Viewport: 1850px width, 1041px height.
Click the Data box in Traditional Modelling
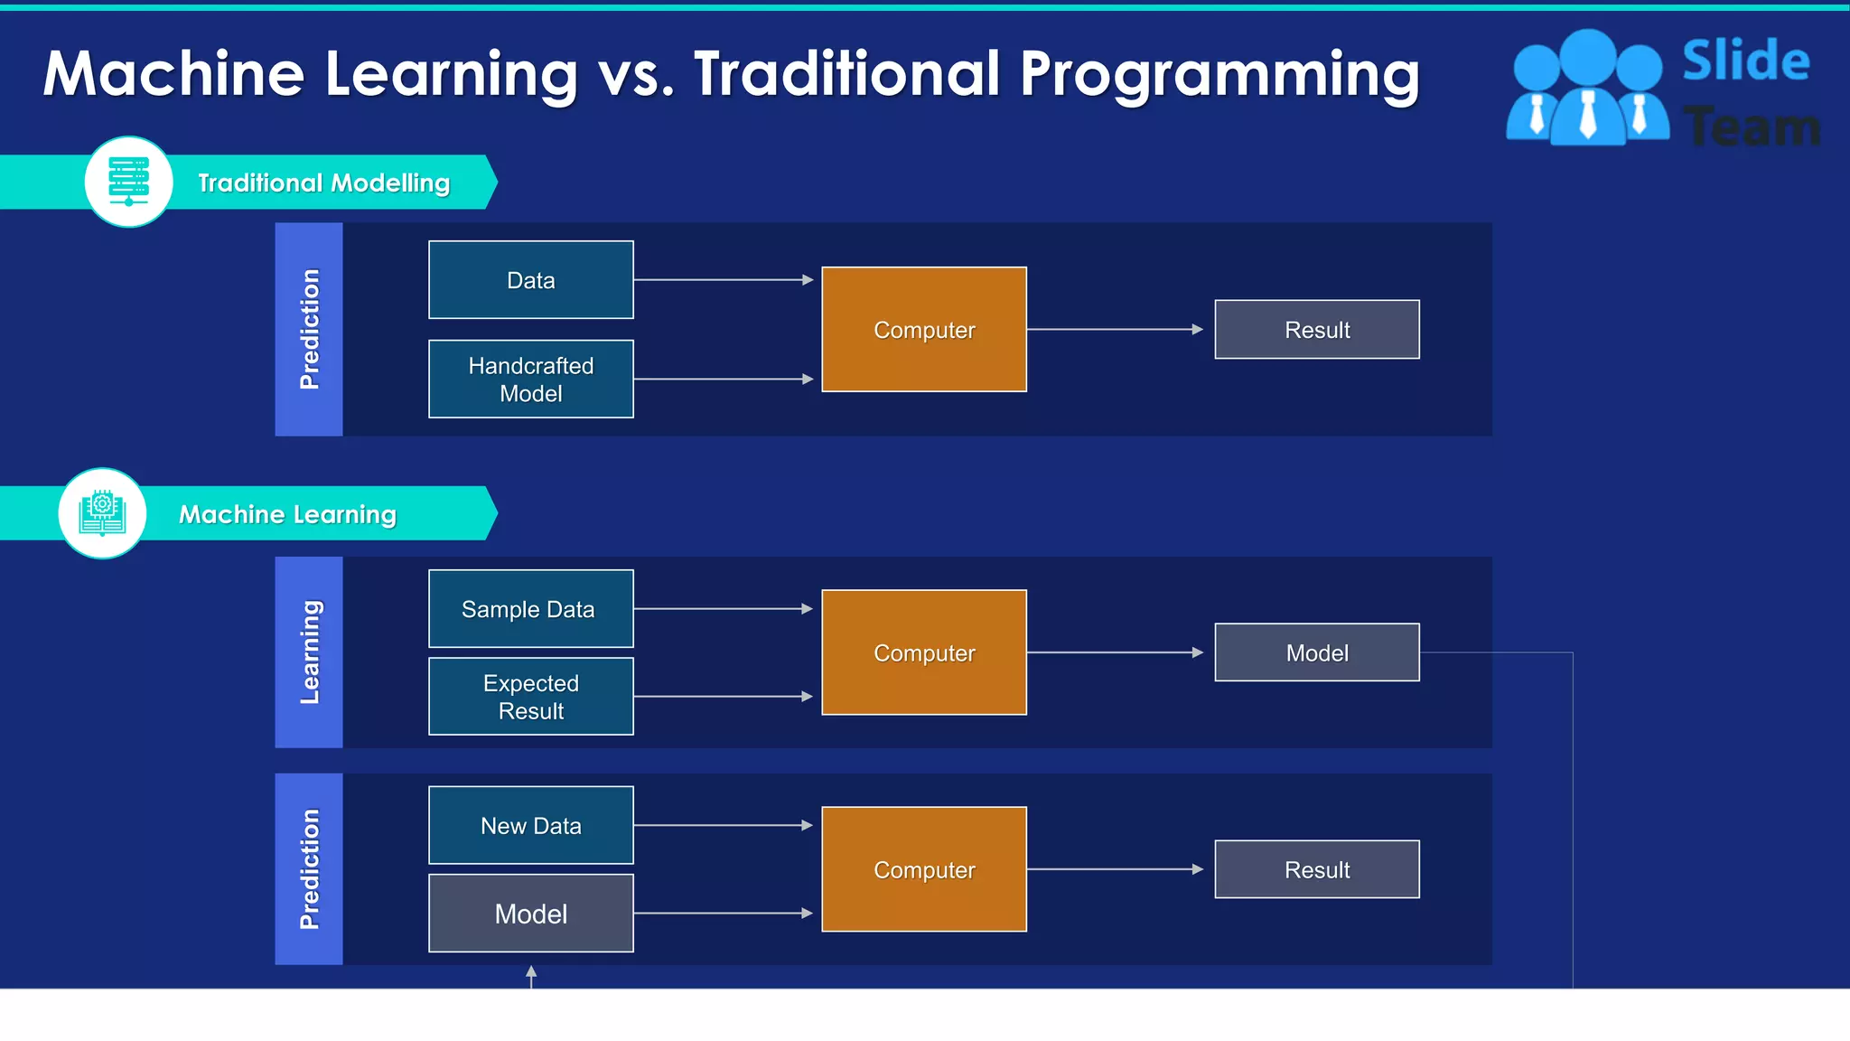coord(530,280)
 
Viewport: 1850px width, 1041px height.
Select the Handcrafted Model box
coord(530,379)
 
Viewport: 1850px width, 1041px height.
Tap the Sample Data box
coord(530,609)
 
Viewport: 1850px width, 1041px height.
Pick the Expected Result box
coord(530,697)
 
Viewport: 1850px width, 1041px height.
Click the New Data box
coord(530,825)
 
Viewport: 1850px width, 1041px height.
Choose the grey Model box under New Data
coord(530,914)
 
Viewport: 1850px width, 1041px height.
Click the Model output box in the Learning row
coord(1316,652)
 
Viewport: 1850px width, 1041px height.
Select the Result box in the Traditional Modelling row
coord(1316,330)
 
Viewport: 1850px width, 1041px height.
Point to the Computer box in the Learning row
coord(923,652)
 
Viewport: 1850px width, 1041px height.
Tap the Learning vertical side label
coord(309,652)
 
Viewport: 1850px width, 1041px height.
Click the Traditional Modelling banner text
coord(323,183)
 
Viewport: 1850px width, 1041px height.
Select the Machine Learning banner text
coord(287,514)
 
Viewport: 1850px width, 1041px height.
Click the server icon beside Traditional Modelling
coord(128,182)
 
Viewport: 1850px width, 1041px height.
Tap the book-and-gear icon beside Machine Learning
coord(102,513)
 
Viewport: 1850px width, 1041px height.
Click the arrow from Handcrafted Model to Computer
coord(723,379)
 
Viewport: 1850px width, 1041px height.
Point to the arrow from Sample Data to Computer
coord(723,609)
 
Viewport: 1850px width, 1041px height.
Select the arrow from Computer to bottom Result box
coord(1115,869)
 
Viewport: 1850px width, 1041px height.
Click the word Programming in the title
coord(1219,74)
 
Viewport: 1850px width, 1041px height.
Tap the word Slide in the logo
coord(1745,61)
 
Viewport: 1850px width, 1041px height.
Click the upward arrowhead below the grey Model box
coord(531,972)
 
